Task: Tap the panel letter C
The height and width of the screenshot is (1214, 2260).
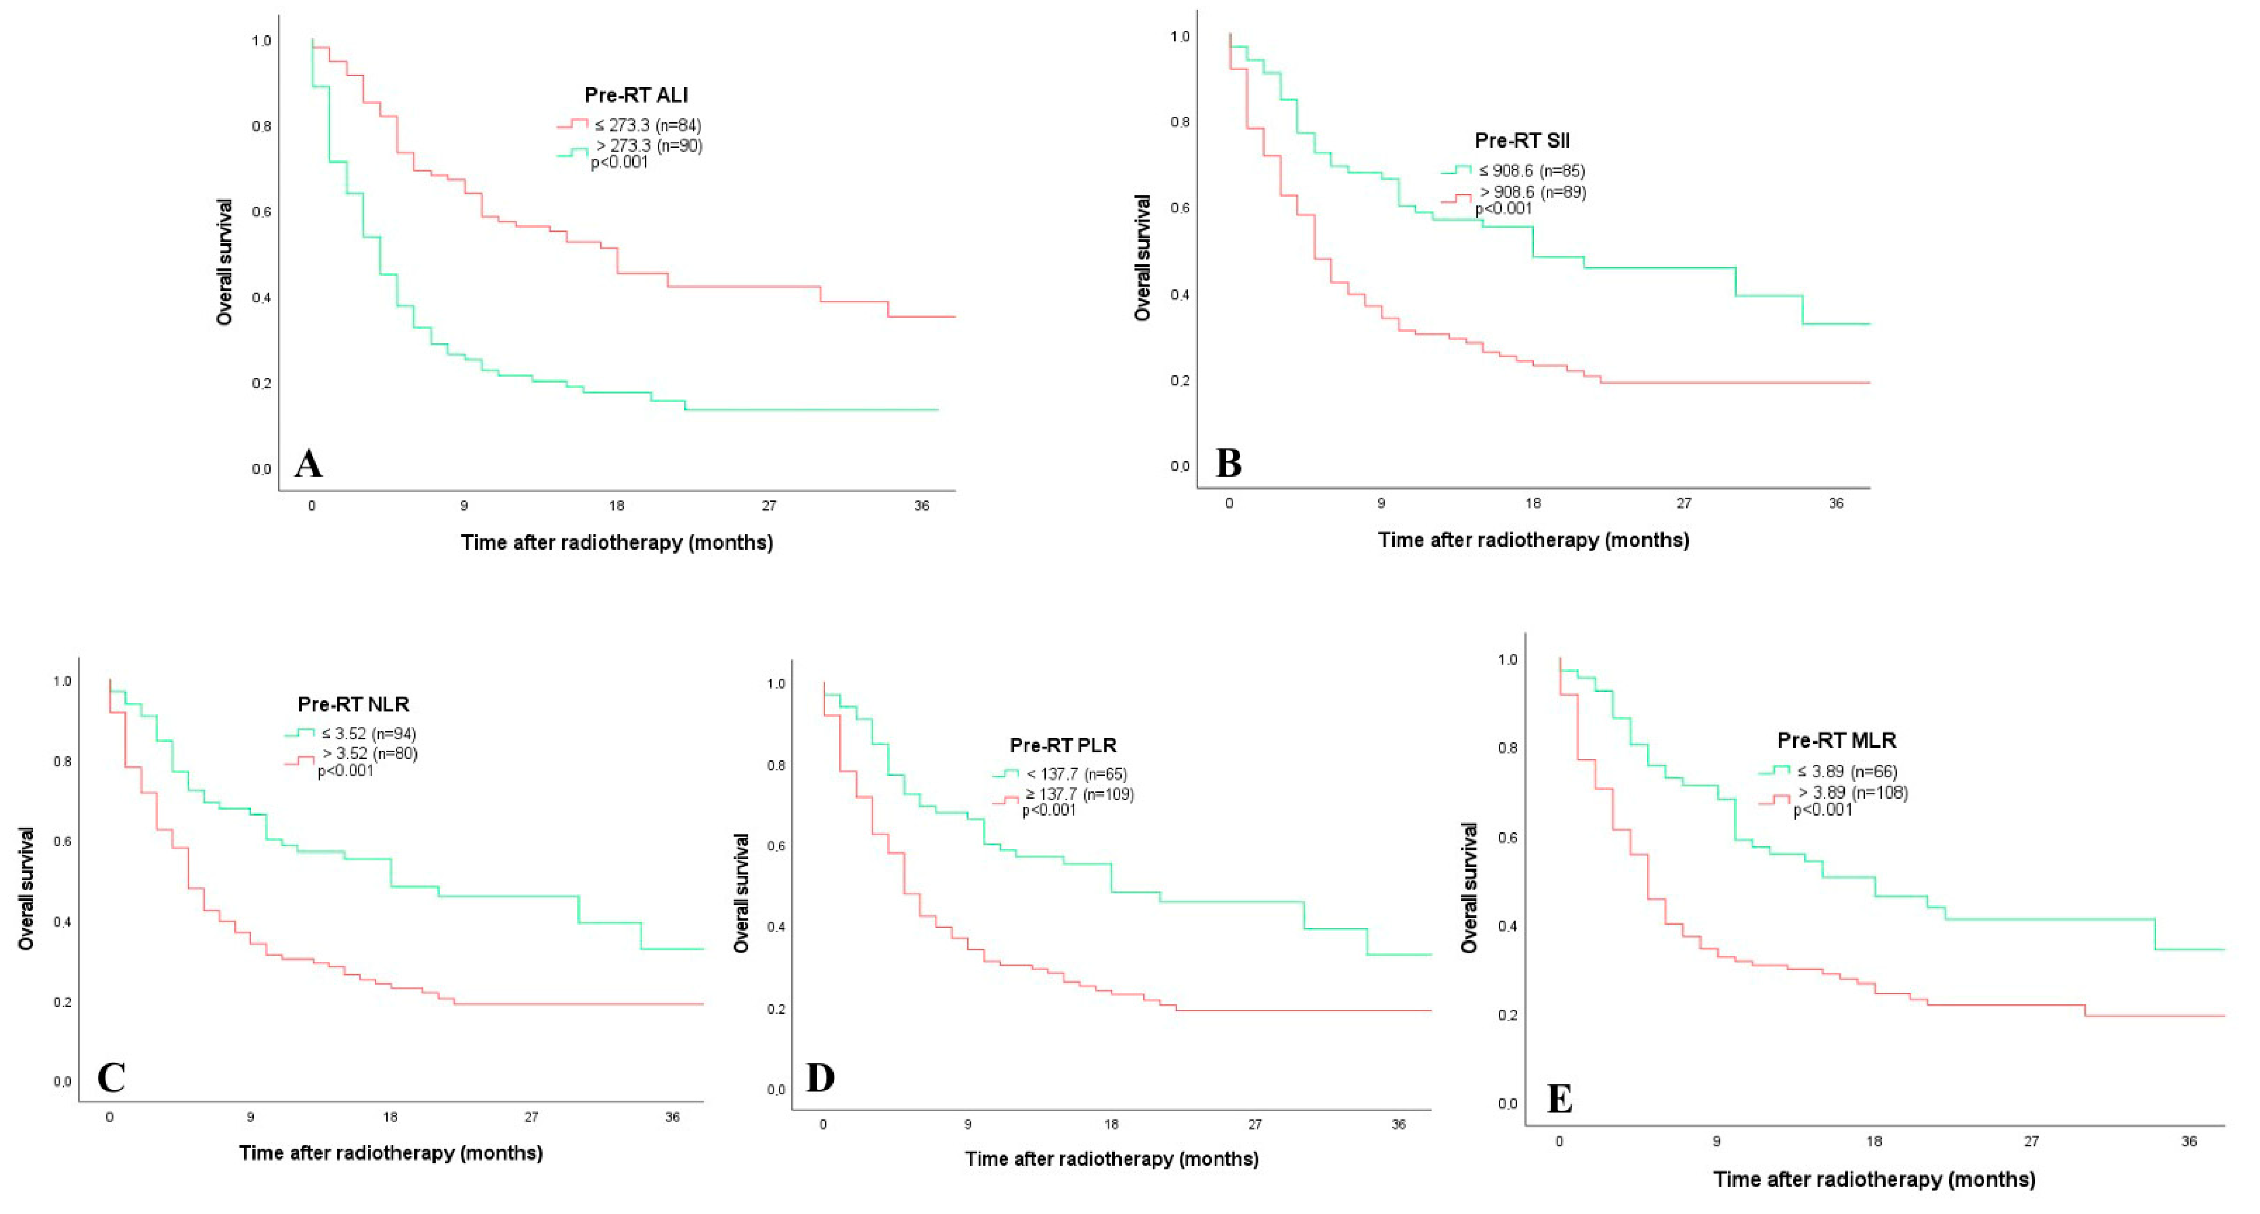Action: (112, 1077)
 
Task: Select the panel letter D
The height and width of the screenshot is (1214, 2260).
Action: (820, 1077)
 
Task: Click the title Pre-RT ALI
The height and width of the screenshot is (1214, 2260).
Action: (636, 95)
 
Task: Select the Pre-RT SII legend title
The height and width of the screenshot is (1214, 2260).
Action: (1522, 140)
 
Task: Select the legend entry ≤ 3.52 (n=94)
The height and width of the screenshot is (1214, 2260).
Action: (369, 733)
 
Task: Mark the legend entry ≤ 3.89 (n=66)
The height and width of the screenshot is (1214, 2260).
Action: (1845, 771)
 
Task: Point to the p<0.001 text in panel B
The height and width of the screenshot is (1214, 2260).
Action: (1504, 209)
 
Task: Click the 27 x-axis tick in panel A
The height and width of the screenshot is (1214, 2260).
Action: (769, 505)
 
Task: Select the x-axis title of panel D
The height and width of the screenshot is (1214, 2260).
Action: (1112, 1159)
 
